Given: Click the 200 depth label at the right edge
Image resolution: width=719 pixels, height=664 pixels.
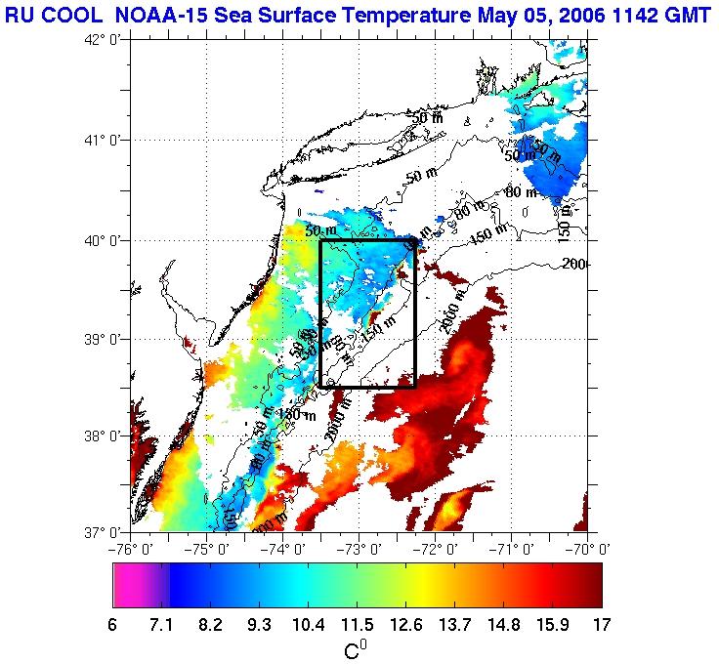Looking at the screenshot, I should pyautogui.click(x=573, y=264).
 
